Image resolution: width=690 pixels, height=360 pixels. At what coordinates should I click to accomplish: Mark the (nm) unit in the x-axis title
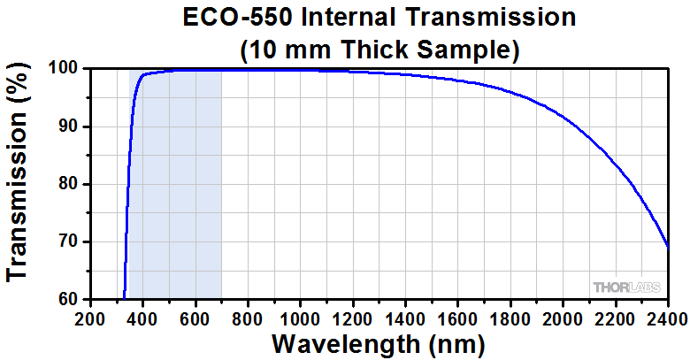click(x=454, y=342)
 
